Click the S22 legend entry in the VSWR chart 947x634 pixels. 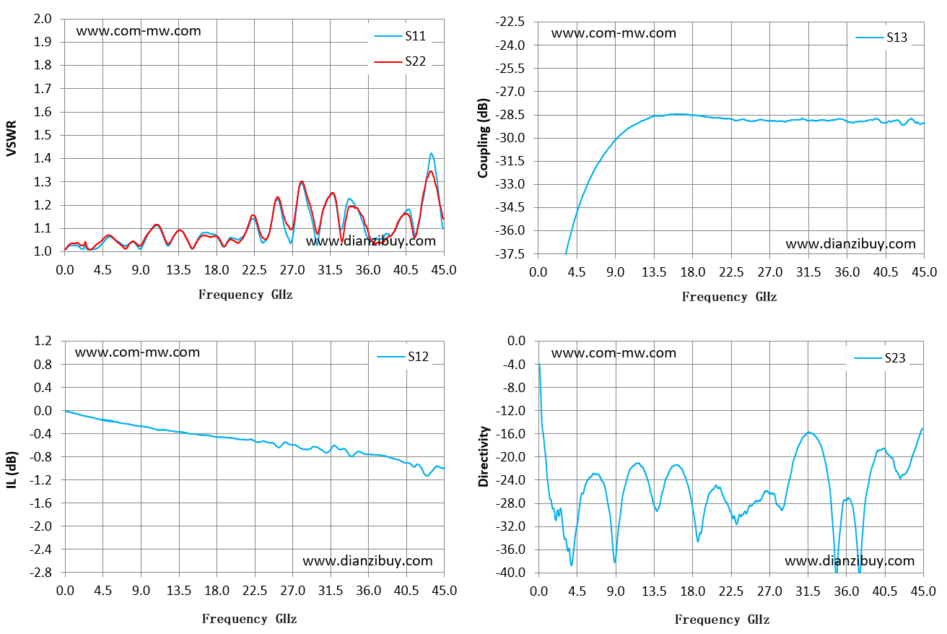coord(400,62)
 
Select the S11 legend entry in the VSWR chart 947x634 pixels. coord(400,36)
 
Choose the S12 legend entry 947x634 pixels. coord(403,357)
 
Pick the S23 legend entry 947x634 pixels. coord(880,358)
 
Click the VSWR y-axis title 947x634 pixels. coord(12,139)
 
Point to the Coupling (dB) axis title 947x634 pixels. coord(483,138)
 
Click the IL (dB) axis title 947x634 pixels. coord(12,470)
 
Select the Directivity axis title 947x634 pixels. coord(483,456)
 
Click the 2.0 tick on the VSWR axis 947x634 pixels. coord(43,19)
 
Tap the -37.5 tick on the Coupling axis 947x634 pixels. coord(510,254)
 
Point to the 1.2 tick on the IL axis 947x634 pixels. coord(43,341)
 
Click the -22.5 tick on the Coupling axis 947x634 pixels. coord(510,22)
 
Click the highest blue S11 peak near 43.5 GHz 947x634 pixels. coord(431,154)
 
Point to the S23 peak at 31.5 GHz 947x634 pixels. coord(808,432)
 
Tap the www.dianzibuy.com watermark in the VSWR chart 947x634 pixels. coord(371,241)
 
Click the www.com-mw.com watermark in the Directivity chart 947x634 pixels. coord(614,352)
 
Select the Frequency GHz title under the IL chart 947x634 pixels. coord(250,619)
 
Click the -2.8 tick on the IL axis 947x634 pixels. coord(40,573)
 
